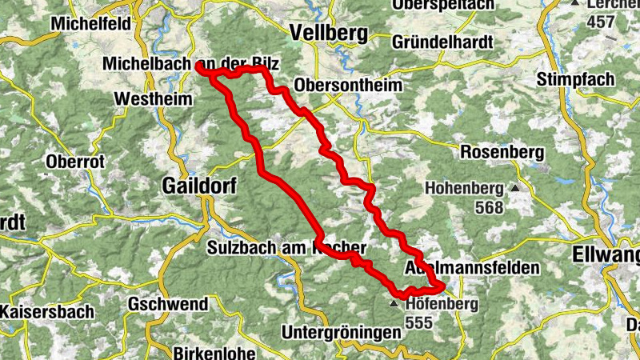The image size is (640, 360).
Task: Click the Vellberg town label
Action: (x=329, y=33)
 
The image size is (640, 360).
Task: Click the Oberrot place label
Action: (x=76, y=161)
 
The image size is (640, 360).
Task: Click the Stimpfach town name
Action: (x=575, y=78)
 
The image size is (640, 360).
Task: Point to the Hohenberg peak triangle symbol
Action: (x=514, y=189)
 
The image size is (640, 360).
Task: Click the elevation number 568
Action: (x=488, y=208)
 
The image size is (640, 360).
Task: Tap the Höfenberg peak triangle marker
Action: (x=394, y=305)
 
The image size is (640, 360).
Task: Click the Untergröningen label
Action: (x=340, y=331)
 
